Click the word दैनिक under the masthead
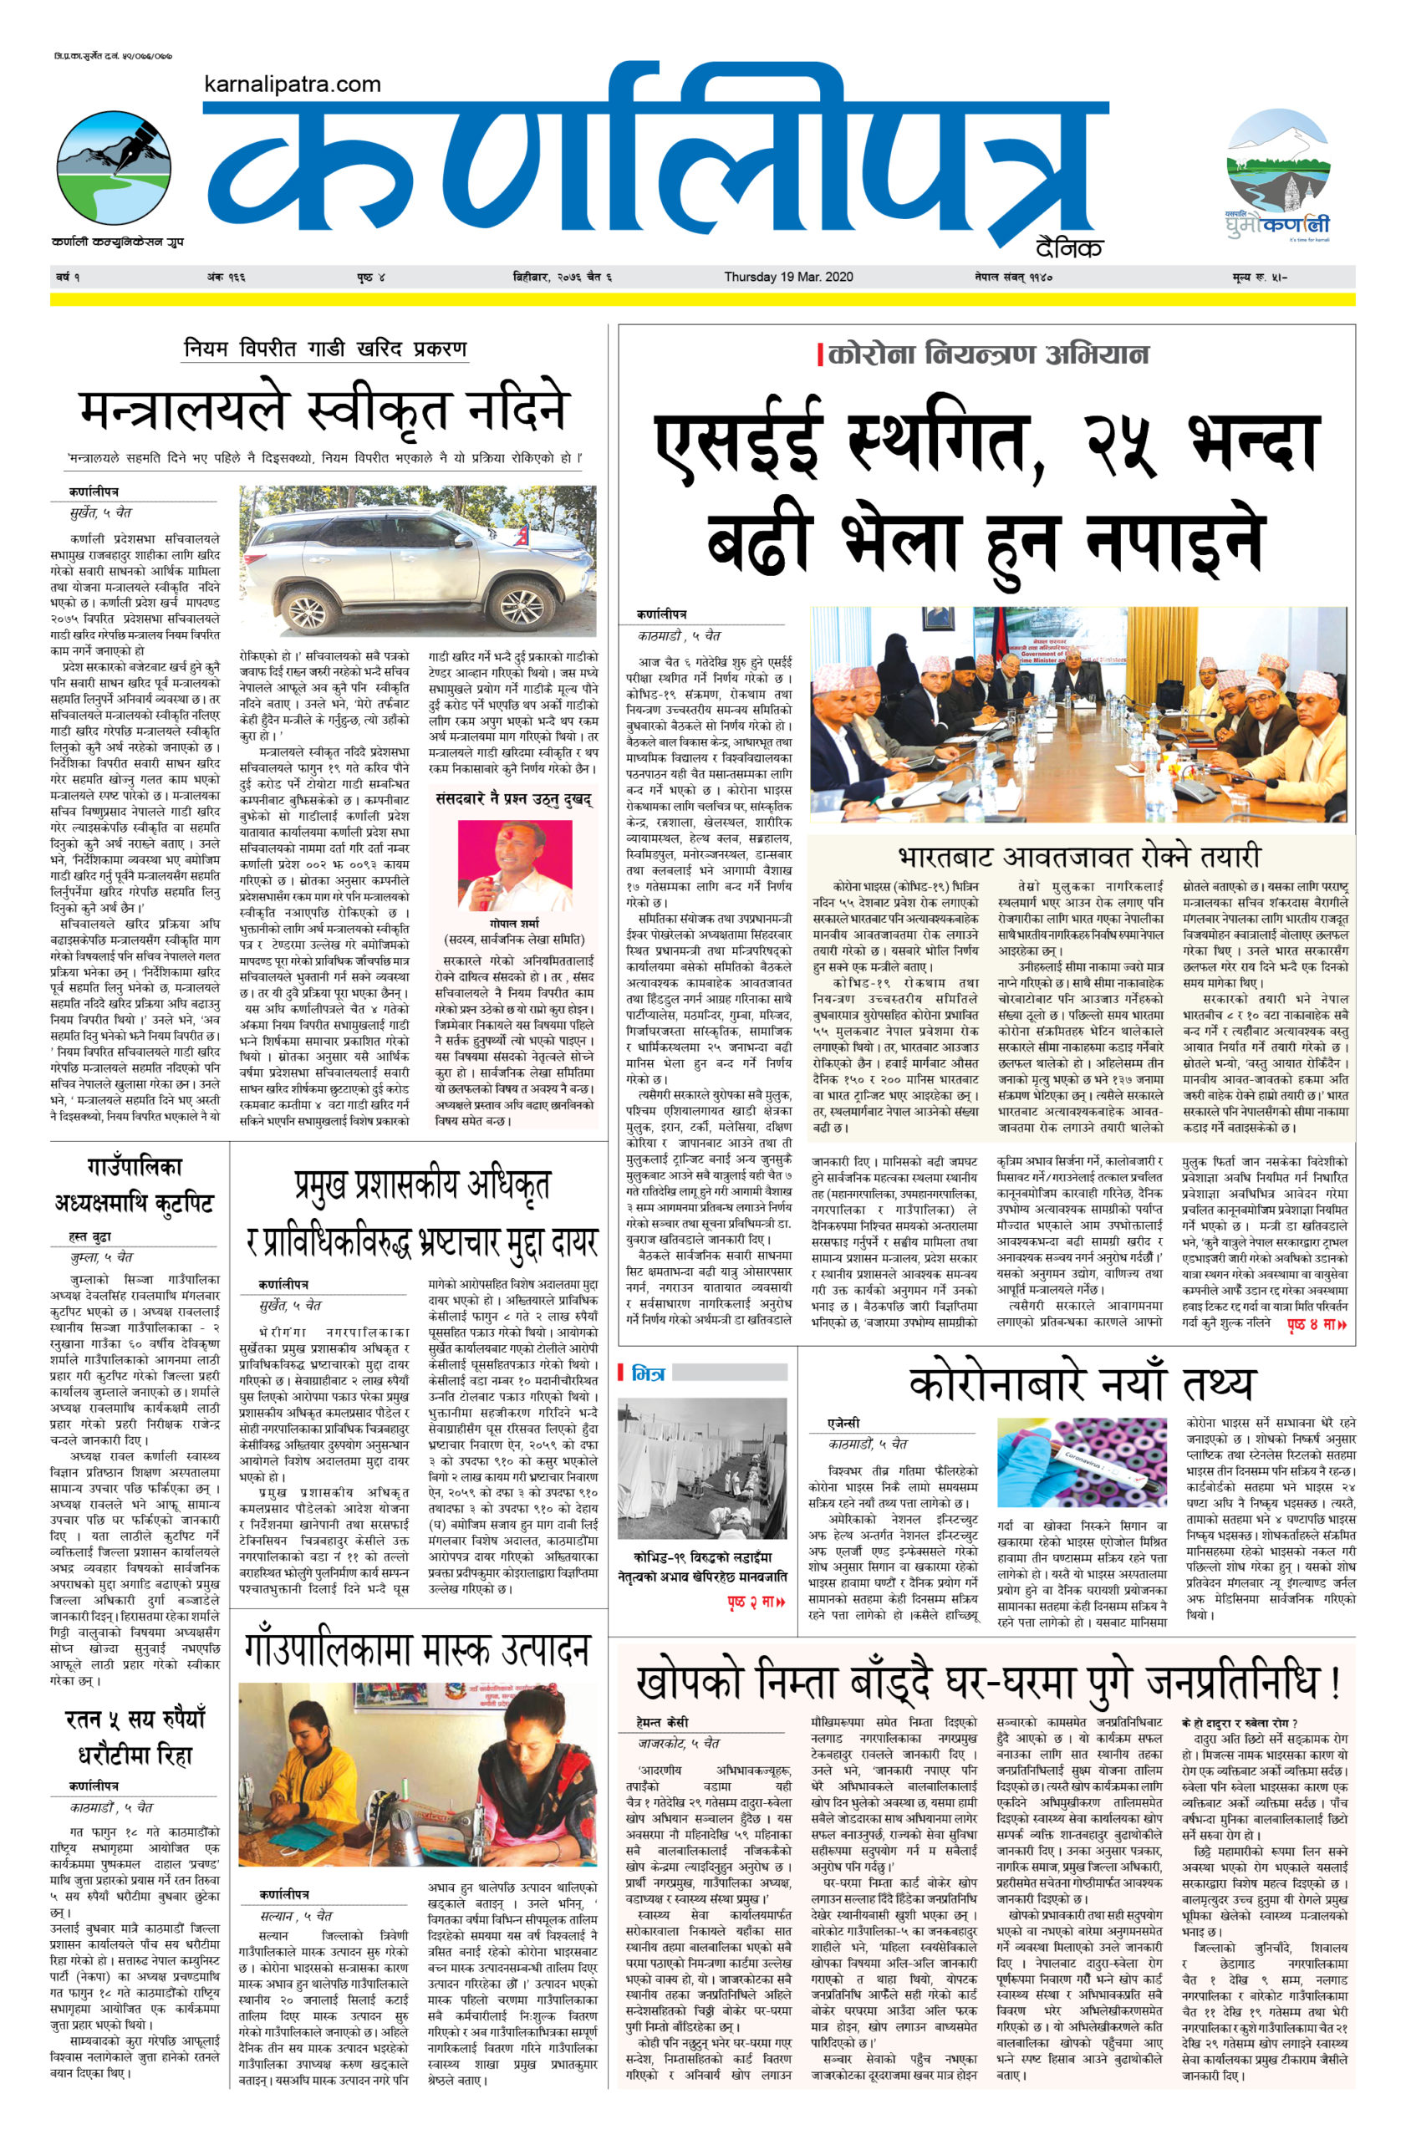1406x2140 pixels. click(1069, 249)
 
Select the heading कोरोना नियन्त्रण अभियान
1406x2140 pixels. click(988, 354)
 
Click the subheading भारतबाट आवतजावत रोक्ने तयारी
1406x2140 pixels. click(1079, 854)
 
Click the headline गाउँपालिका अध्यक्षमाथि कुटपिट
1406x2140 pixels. click(135, 1186)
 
